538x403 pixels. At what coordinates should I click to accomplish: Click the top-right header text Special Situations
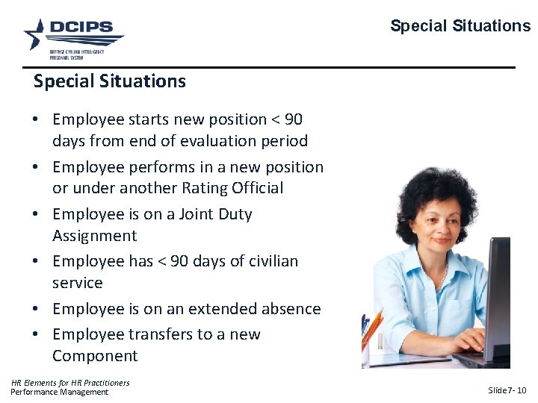[460, 26]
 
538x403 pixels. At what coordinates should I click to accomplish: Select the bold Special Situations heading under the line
[109, 81]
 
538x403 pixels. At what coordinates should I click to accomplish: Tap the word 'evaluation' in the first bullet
[197, 140]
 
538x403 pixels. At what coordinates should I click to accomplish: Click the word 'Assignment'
[94, 236]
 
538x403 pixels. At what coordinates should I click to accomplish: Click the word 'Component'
[95, 356]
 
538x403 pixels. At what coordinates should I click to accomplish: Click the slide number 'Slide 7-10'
[507, 390]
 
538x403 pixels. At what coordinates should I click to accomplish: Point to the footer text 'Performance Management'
[59, 392]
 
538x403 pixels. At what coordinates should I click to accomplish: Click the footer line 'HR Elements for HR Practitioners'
[70, 383]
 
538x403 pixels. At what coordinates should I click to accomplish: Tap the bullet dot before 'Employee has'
[37, 261]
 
